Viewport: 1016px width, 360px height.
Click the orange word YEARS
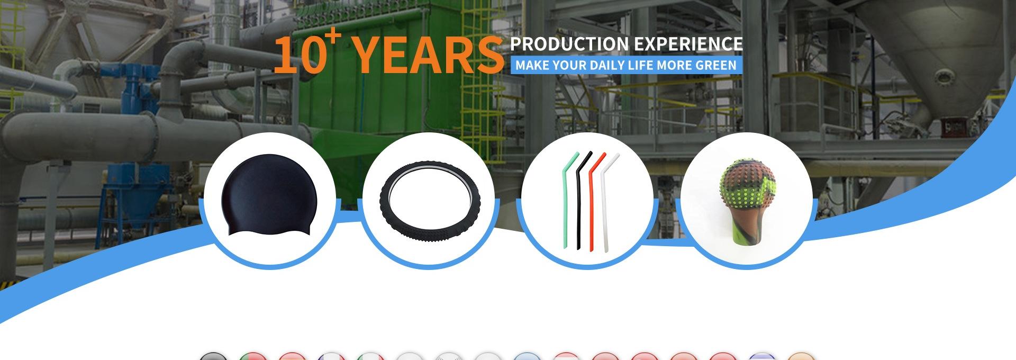click(x=428, y=55)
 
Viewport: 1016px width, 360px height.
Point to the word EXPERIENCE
click(x=688, y=44)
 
